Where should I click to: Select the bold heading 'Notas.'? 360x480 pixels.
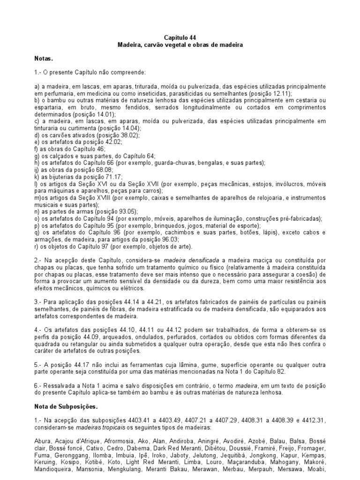click(44, 60)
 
